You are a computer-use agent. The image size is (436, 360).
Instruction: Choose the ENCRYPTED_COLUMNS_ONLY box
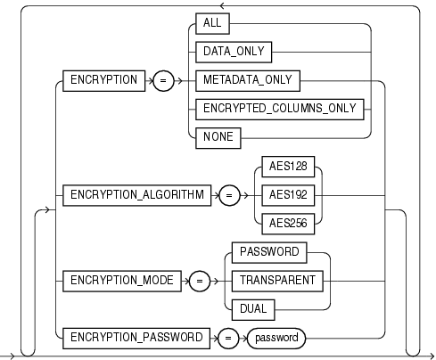(280, 109)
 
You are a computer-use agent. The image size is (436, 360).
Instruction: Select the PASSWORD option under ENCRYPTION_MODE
(270, 251)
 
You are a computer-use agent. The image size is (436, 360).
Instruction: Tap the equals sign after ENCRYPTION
(162, 80)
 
